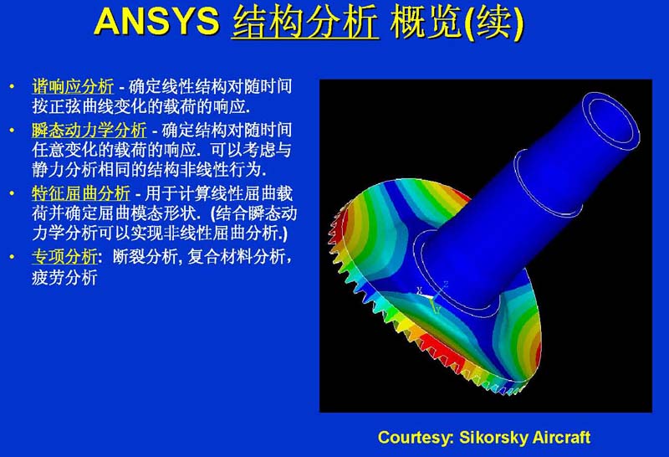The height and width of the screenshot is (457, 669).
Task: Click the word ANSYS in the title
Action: click(156, 21)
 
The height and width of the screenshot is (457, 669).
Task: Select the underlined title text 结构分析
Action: click(305, 22)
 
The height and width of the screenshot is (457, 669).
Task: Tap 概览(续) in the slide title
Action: click(456, 23)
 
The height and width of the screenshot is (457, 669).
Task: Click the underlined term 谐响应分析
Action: click(73, 86)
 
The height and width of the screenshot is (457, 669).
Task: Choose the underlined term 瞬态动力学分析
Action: click(89, 130)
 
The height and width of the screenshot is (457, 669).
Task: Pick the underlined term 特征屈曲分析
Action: click(81, 193)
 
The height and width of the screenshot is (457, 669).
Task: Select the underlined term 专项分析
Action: click(64, 257)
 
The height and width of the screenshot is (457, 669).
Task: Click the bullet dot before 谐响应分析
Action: click(12, 87)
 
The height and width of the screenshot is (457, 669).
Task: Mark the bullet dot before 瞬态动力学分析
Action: click(12, 131)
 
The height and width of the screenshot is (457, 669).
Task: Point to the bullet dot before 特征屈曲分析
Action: click(12, 193)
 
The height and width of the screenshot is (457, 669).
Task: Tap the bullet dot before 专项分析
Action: click(12, 257)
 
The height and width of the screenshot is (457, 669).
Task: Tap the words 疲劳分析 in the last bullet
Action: click(64, 277)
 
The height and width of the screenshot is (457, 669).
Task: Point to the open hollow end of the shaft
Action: click(611, 121)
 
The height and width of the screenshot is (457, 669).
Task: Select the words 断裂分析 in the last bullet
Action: click(145, 257)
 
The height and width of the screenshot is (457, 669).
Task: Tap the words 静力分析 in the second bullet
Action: click(64, 170)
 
